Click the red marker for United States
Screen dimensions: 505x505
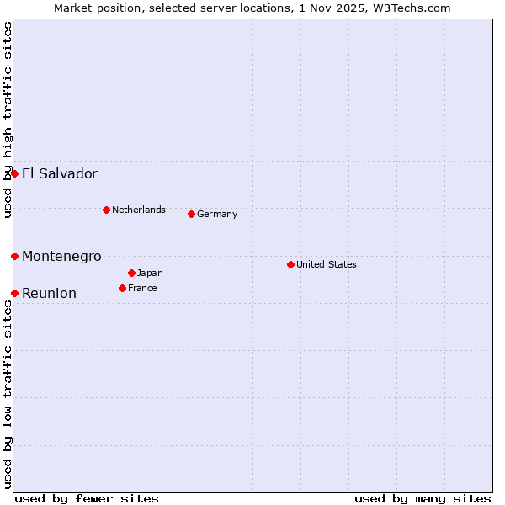tap(290, 264)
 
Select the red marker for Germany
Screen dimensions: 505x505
tap(191, 214)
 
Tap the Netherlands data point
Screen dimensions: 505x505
tap(106, 210)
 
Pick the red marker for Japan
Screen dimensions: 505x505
tap(131, 273)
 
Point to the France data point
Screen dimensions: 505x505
tap(122, 288)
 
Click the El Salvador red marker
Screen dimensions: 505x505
tap(14, 173)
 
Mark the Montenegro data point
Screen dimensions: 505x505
tap(14, 256)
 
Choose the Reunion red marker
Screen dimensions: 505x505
tap(14, 293)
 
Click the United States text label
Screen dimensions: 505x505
tap(327, 264)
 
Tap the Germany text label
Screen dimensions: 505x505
tap(217, 214)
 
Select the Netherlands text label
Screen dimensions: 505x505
tap(139, 210)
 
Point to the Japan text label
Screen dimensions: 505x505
tap(150, 273)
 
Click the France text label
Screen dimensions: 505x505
tap(142, 288)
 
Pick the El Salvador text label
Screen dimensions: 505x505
tap(60, 174)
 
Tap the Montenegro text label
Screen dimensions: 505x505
tap(61, 256)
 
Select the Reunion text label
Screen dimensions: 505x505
tap(49, 293)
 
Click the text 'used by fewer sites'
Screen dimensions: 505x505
tap(87, 498)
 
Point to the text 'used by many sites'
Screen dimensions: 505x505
tap(423, 498)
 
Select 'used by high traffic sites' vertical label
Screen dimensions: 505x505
tap(8, 120)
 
